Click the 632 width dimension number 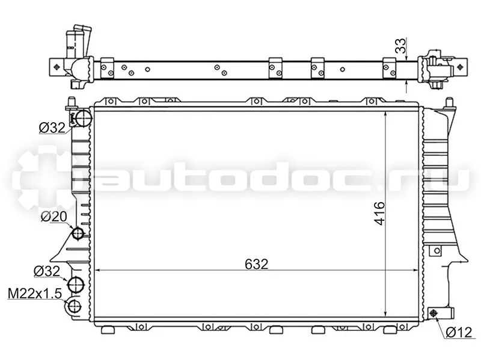click(257, 264)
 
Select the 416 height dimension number click(379, 214)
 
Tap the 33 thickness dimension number click(400, 46)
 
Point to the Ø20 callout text click(54, 217)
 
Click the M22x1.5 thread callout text click(35, 294)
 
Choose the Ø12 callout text click(459, 332)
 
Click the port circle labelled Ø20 click(78, 233)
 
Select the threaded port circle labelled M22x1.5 click(74, 306)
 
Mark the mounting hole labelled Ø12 click(434, 313)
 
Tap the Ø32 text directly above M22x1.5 click(47, 271)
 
